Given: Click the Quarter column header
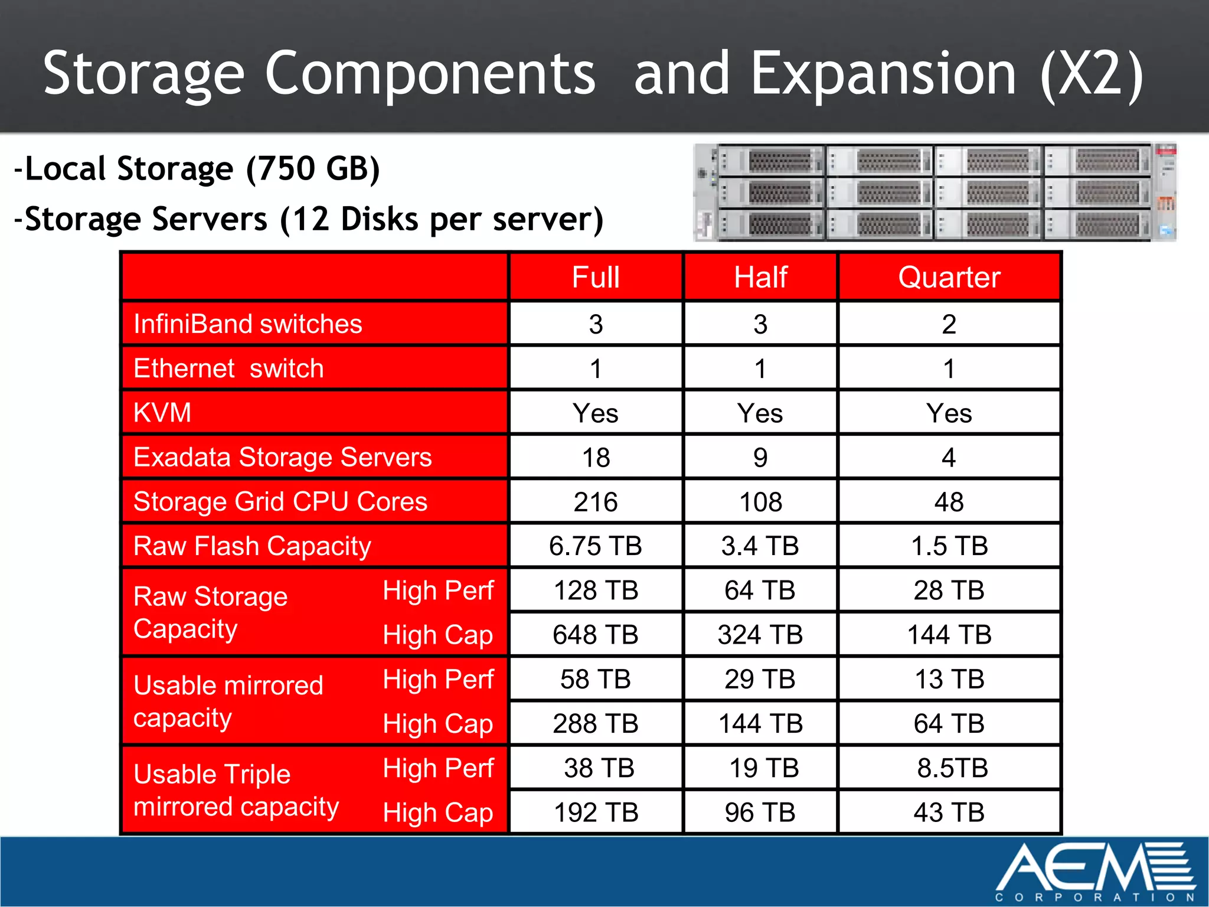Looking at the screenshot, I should (x=949, y=277).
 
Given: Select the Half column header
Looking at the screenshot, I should (x=760, y=277).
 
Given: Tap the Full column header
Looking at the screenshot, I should (x=596, y=277).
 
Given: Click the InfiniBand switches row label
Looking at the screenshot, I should (x=248, y=324).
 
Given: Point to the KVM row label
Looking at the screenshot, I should (x=163, y=412).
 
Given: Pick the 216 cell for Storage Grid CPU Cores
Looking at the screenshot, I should (x=596, y=502).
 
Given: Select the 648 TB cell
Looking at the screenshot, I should (x=596, y=635).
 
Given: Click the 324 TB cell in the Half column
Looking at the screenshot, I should (x=760, y=635).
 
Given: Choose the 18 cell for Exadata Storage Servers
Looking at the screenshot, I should (x=596, y=458).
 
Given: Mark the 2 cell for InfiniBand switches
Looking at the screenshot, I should (x=949, y=324).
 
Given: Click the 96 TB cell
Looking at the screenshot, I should (x=760, y=813).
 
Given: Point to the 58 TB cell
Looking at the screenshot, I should (x=596, y=679).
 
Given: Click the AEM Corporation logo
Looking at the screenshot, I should (x=1095, y=871).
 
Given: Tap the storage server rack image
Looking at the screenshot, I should (x=934, y=193).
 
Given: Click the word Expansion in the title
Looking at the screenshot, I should (x=883, y=74).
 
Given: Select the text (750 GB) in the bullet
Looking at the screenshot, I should (x=313, y=169).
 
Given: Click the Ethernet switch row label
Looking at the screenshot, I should (x=228, y=368).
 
